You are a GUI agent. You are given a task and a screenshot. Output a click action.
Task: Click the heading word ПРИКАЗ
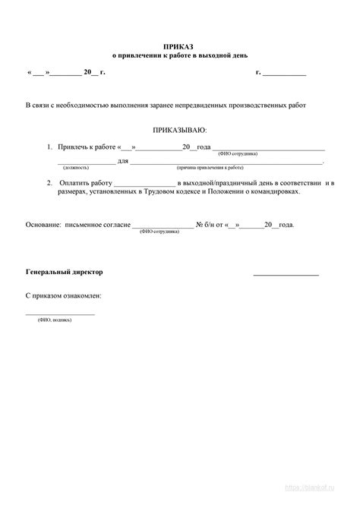click(x=178, y=46)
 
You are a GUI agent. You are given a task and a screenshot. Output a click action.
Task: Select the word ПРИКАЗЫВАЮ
click(x=179, y=131)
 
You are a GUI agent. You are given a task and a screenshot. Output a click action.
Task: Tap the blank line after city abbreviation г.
click(x=285, y=73)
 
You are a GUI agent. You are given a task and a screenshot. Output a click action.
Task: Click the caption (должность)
click(x=76, y=166)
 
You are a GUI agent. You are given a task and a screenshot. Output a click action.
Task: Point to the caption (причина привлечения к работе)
click(x=210, y=166)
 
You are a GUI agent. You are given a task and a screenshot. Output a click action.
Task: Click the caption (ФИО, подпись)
click(x=55, y=320)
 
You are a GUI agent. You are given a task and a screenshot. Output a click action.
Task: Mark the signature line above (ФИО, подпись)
click(x=60, y=313)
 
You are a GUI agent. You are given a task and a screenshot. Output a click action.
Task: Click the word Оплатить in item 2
click(x=73, y=183)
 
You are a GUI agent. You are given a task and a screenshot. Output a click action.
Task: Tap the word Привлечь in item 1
click(x=74, y=147)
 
